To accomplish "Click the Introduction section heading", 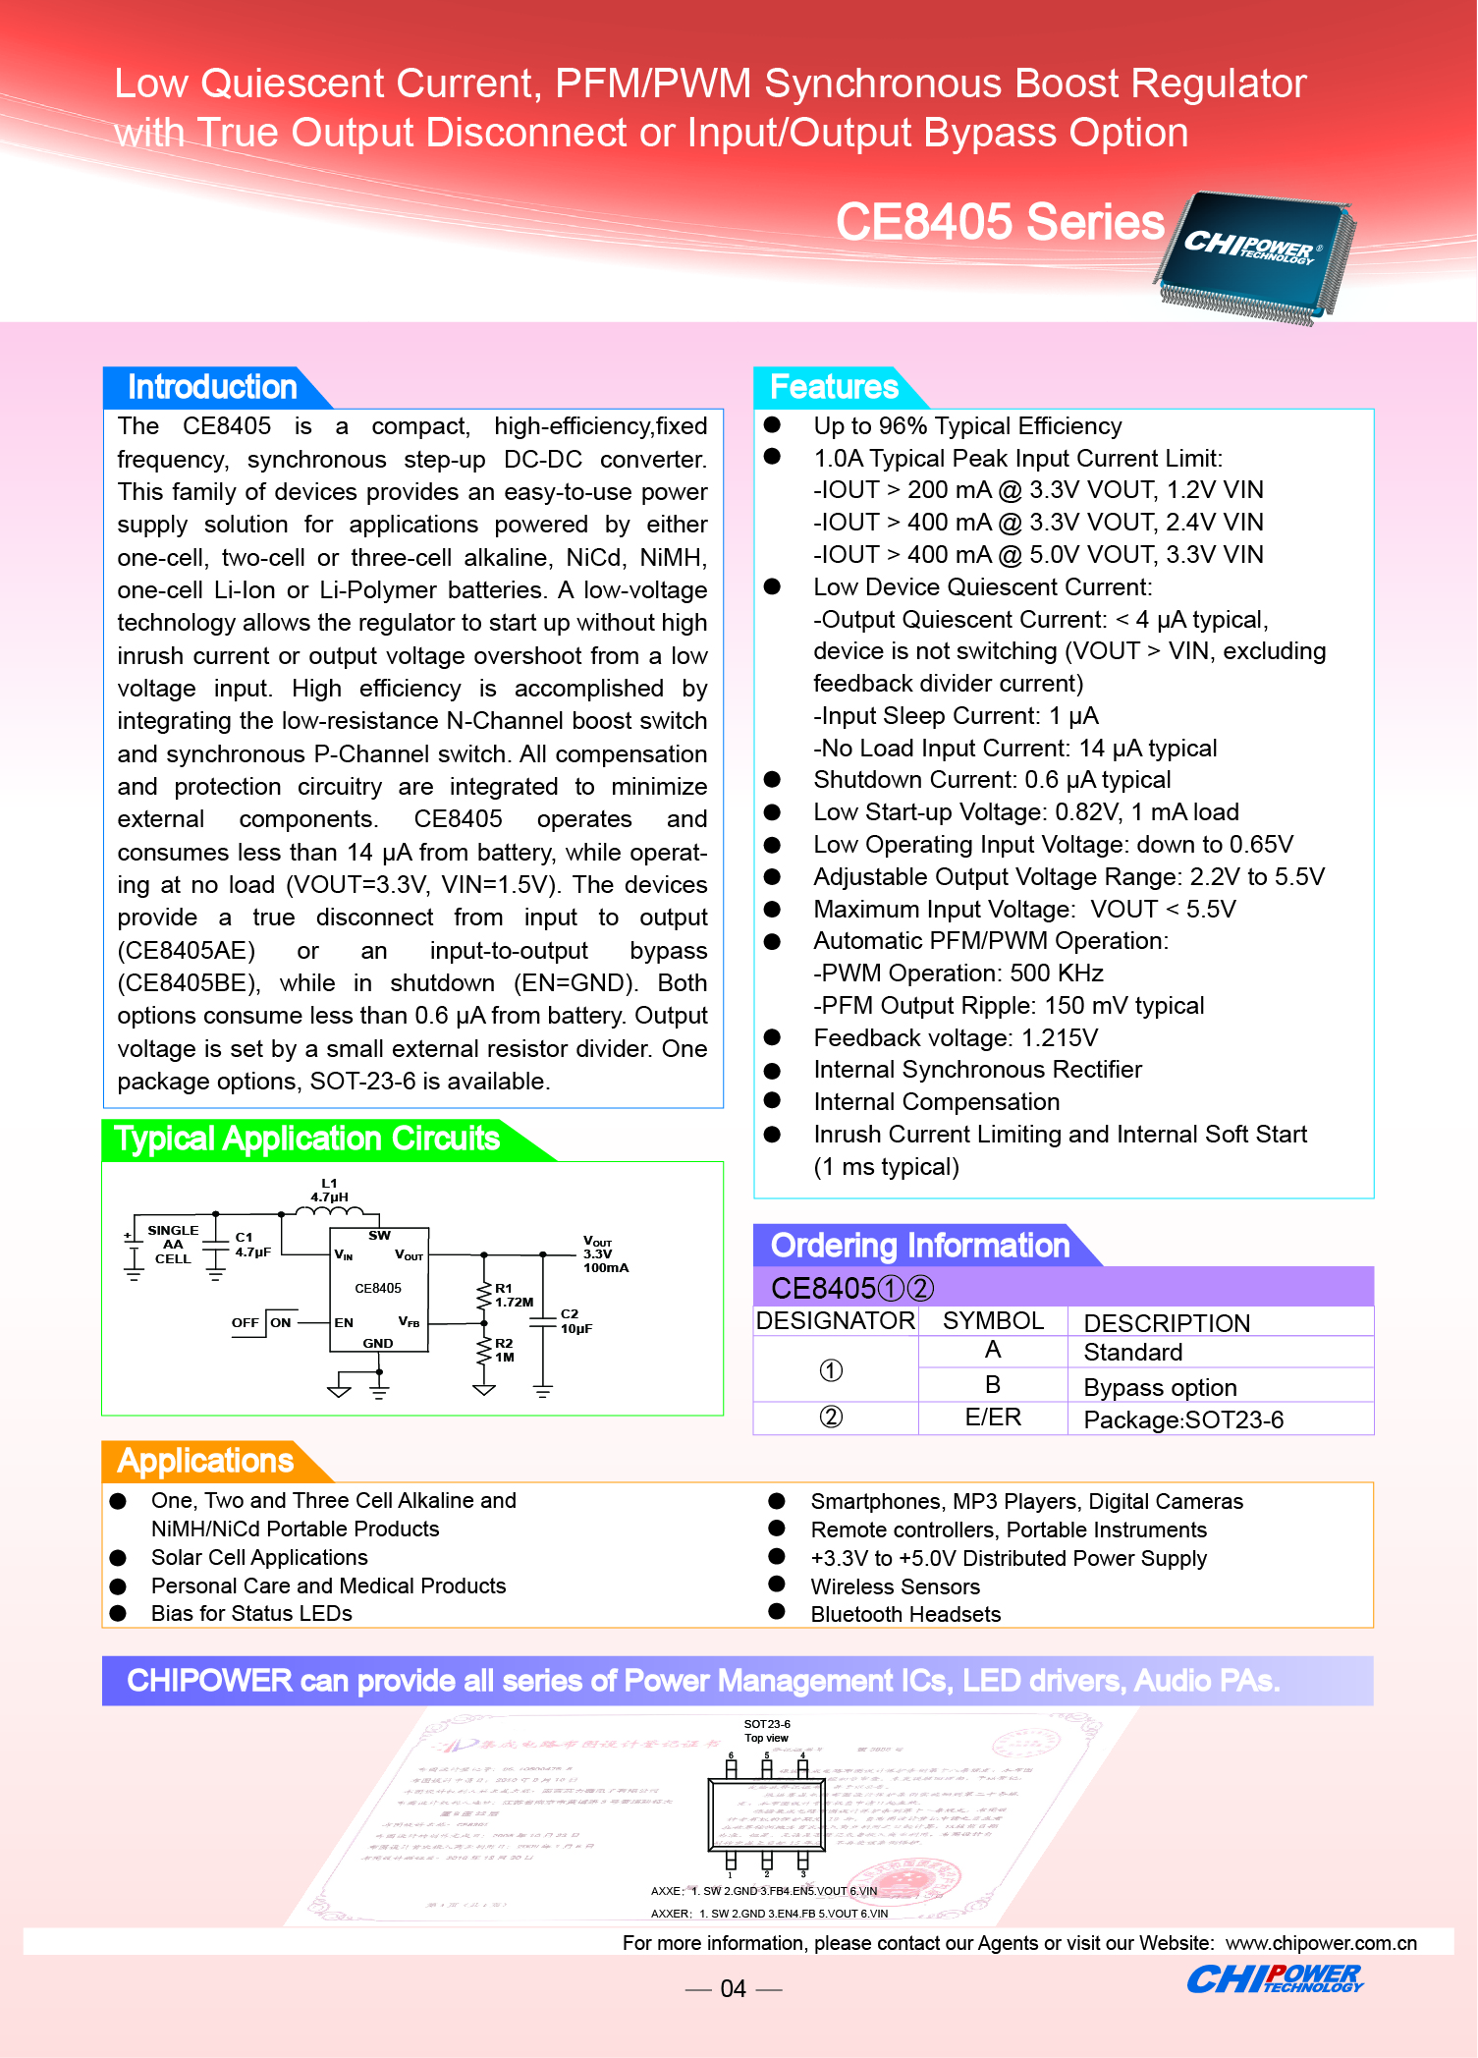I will click(x=212, y=387).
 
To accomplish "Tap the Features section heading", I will click(x=834, y=387).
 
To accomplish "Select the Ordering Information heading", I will click(x=919, y=1246).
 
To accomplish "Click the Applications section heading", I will click(x=205, y=1461).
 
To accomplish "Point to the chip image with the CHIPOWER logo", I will click(x=1254, y=258).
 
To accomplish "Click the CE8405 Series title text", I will click(x=999, y=222).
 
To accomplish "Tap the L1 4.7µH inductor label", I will click(x=329, y=1191).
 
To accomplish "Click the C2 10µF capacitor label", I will click(x=575, y=1321).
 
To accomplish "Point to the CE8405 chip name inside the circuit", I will click(x=378, y=1288).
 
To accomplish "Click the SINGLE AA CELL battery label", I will click(x=173, y=1245).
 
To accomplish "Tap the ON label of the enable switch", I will click(x=281, y=1322).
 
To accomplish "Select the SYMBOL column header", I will click(x=993, y=1321).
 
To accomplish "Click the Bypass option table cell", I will click(x=1160, y=1387).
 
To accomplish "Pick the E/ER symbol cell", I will click(x=993, y=1418).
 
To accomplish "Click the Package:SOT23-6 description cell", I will click(x=1183, y=1419).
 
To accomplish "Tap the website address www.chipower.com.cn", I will click(x=1321, y=1943).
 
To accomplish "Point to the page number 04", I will click(x=734, y=1989).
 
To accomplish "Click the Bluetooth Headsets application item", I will click(x=905, y=1614).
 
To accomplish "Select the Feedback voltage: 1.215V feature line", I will click(x=956, y=1038).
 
